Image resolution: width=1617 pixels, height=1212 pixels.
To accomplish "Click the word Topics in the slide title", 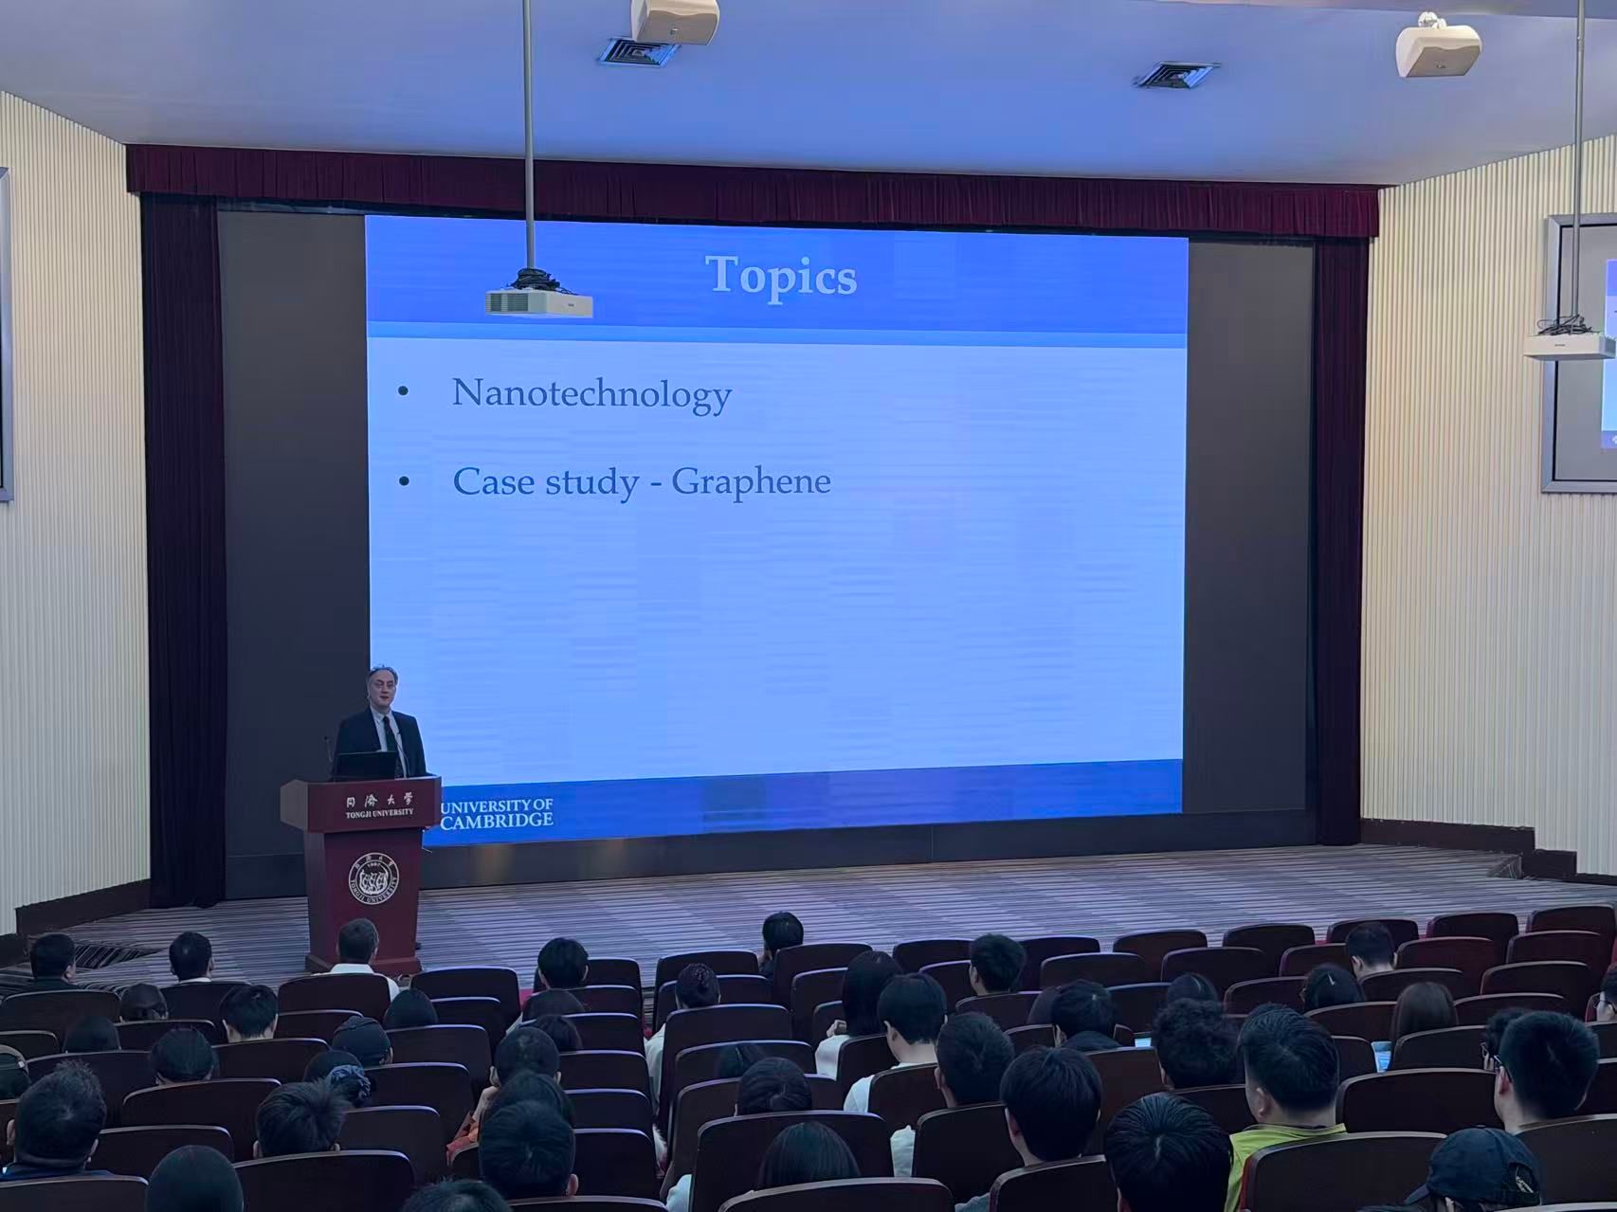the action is click(782, 277).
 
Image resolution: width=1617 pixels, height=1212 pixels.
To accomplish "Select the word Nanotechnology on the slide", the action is click(591, 394).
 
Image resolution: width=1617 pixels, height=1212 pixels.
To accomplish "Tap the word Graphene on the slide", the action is click(751, 482).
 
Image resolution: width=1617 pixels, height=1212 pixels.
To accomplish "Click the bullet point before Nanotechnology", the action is click(405, 393).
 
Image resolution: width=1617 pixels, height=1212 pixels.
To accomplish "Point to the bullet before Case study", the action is click(405, 481).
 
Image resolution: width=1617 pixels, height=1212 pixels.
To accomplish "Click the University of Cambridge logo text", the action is click(497, 812).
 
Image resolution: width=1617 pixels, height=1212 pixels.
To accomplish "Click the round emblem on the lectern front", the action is click(373, 879).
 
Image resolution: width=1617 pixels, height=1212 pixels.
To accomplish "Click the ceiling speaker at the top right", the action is click(1438, 47).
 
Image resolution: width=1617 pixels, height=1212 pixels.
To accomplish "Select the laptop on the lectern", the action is click(365, 765).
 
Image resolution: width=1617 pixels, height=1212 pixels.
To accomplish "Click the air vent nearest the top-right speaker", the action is click(1176, 75).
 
